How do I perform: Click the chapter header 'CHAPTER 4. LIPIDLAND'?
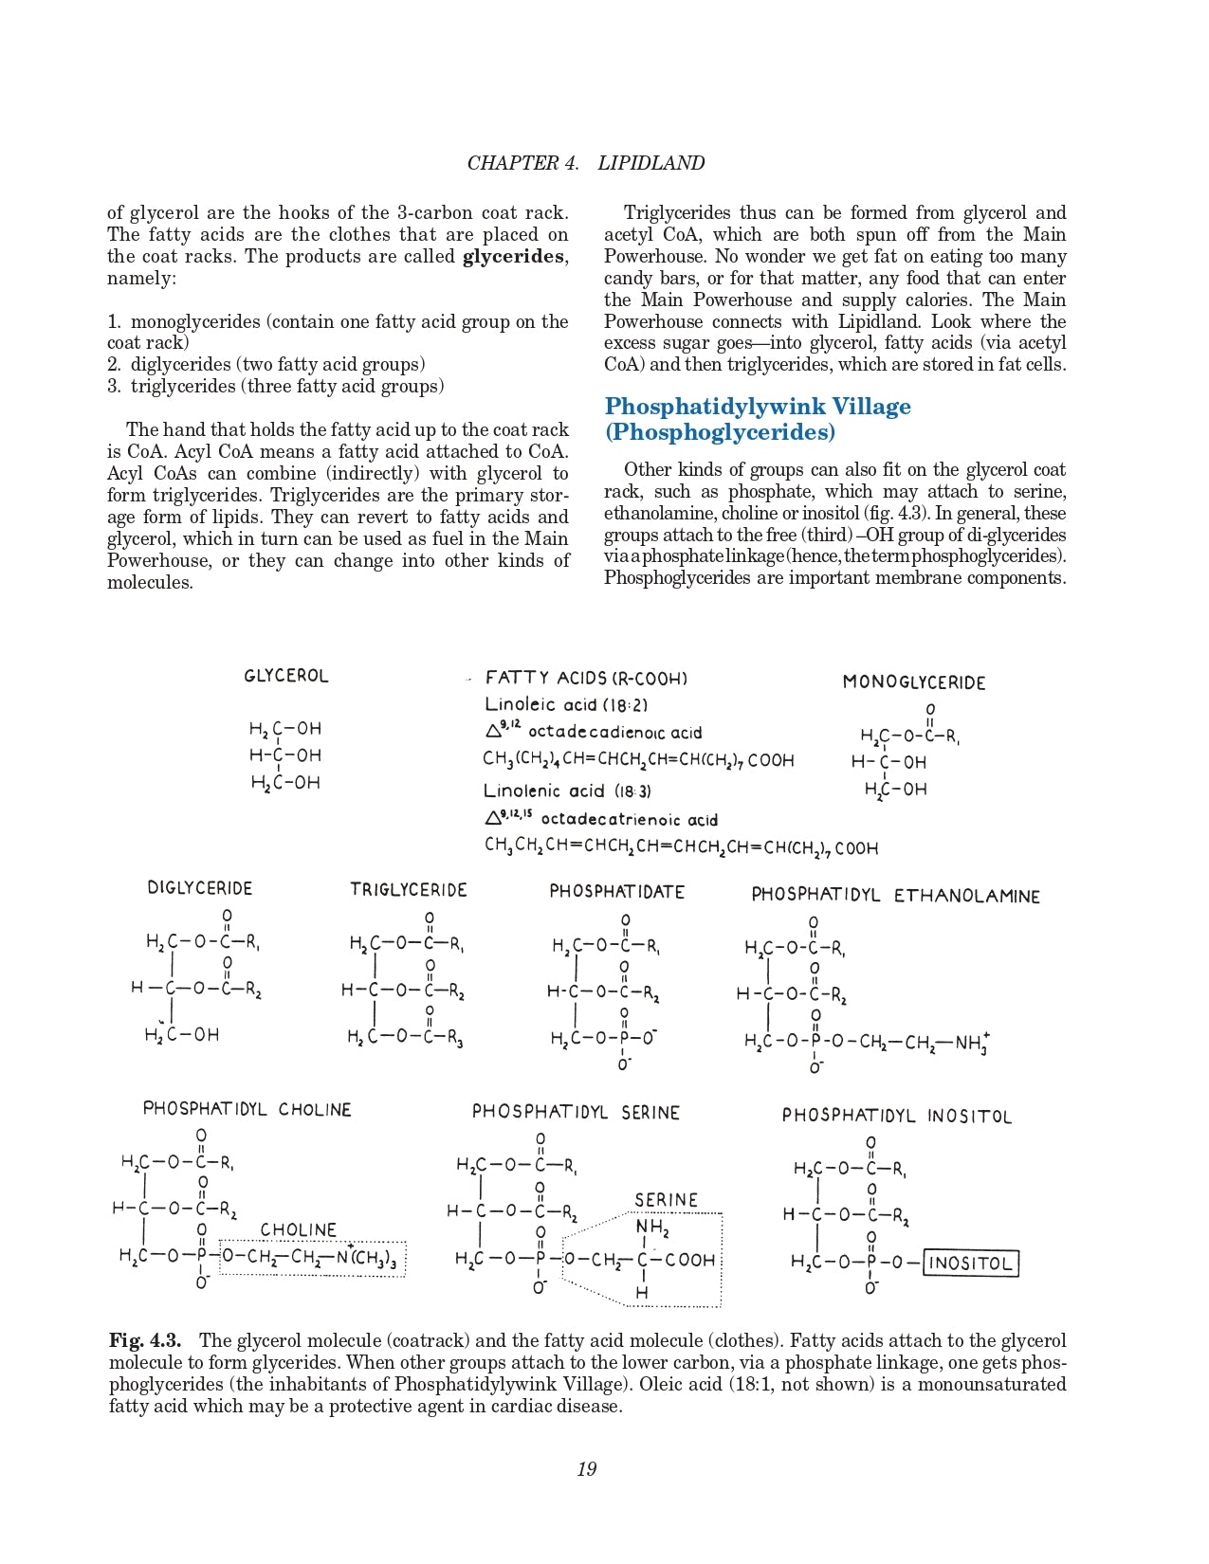point(585,163)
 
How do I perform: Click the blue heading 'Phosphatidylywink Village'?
point(757,407)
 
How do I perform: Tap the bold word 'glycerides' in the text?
point(514,257)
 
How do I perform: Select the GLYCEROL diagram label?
point(285,676)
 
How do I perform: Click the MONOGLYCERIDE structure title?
point(913,682)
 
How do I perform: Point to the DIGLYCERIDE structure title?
point(199,888)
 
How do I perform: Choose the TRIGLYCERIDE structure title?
point(408,890)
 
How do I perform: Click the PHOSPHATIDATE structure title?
point(616,892)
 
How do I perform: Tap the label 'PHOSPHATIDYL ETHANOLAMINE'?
point(895,896)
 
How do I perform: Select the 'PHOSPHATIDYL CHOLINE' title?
point(247,1109)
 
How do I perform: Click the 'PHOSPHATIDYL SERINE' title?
point(576,1112)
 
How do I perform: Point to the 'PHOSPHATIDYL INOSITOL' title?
point(896,1116)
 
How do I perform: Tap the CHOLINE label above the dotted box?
point(299,1230)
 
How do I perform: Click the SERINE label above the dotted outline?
point(666,1200)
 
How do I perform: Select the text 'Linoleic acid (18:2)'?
point(566,705)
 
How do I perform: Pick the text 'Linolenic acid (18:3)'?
point(567,791)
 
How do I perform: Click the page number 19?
point(586,1469)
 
